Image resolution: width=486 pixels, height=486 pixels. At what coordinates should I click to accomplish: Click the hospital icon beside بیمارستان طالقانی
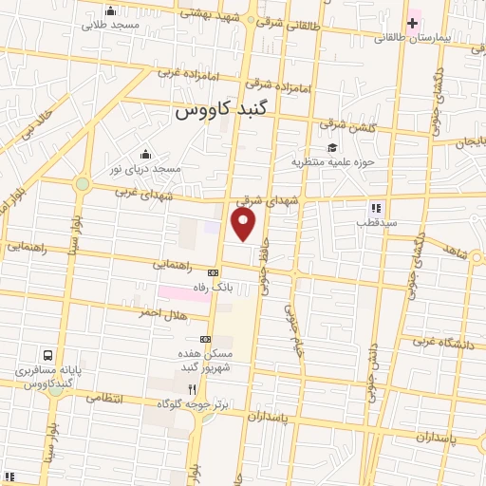pyautogui.click(x=414, y=21)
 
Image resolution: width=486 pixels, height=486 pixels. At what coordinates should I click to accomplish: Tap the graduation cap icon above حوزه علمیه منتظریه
pyautogui.click(x=332, y=147)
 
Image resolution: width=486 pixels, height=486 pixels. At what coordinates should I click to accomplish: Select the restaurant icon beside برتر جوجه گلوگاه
pyautogui.click(x=192, y=389)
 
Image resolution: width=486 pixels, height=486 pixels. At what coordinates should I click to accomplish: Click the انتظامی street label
pyautogui.click(x=104, y=398)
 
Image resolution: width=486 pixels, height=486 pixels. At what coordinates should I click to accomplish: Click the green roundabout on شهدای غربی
pyautogui.click(x=83, y=183)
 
